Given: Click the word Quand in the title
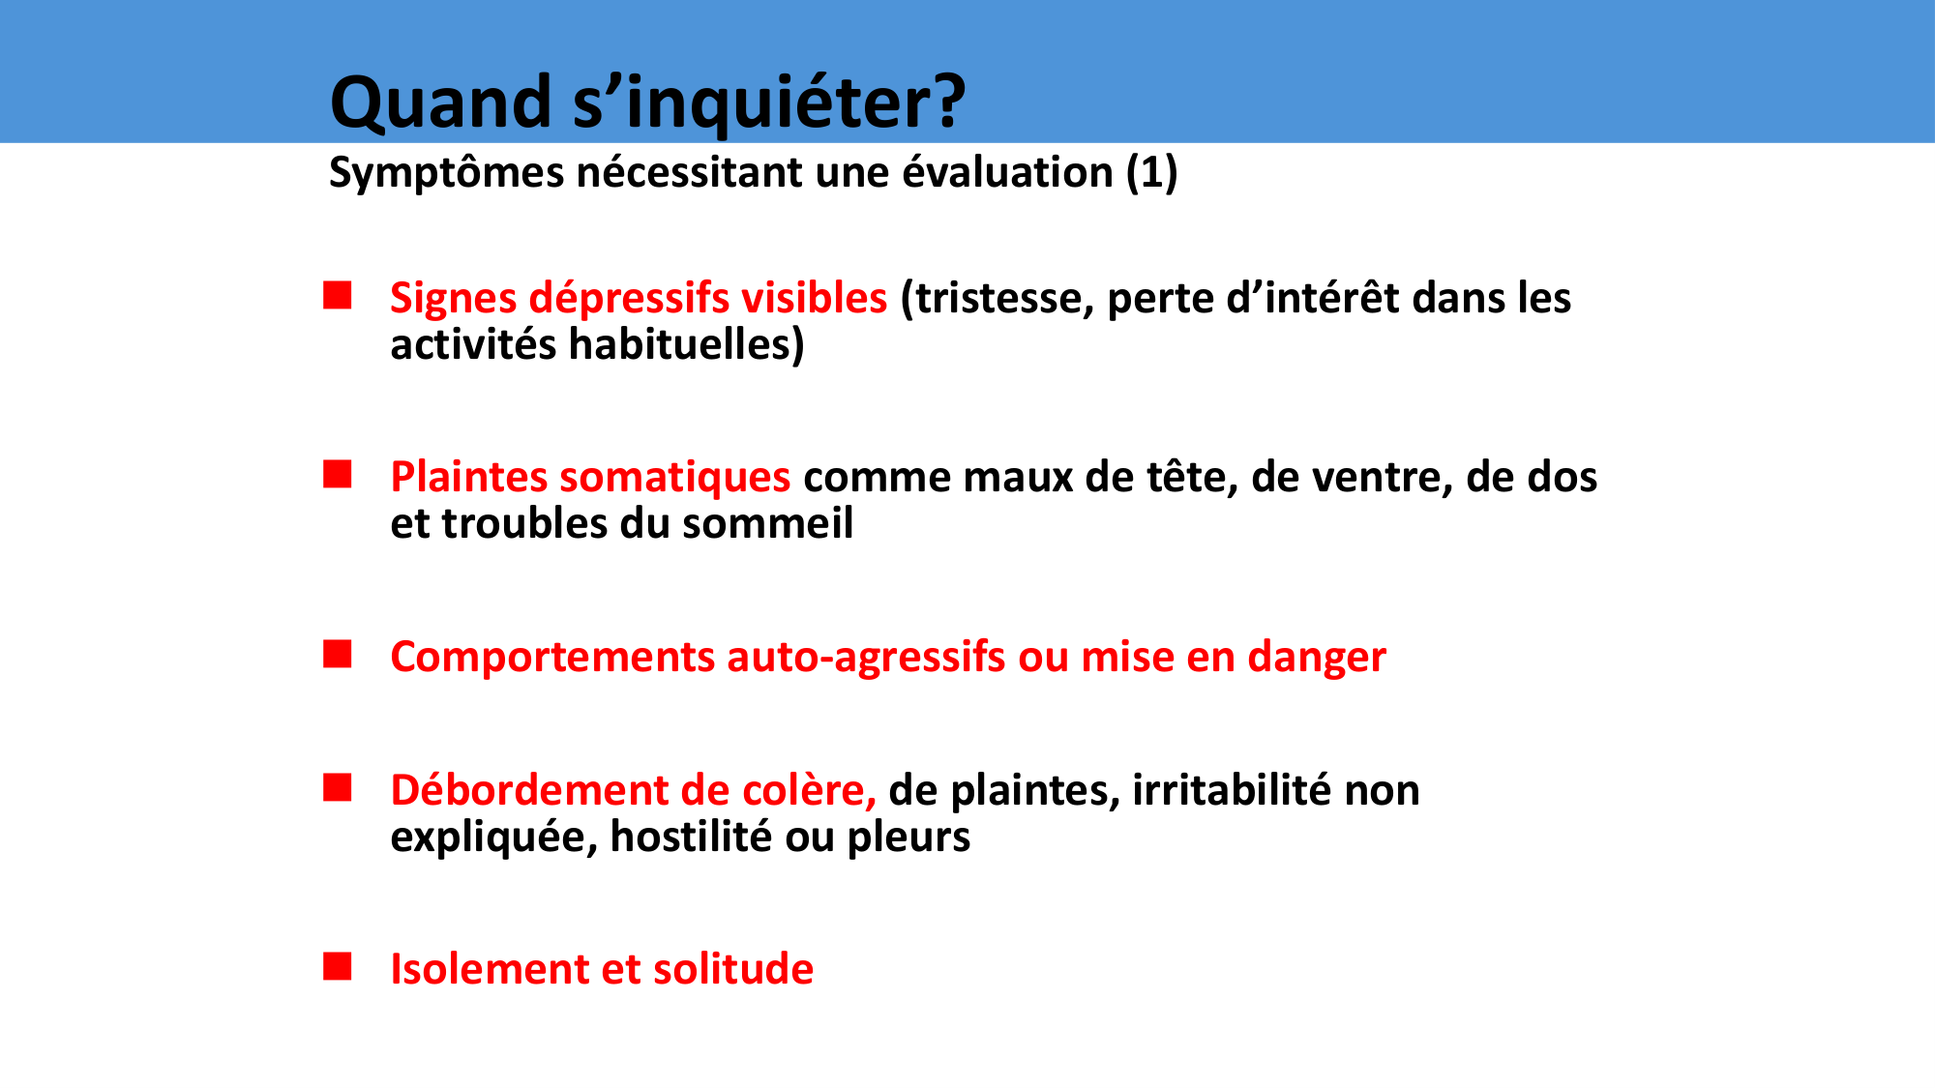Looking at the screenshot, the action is tap(441, 102).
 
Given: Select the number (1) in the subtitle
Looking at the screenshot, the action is tap(1151, 173).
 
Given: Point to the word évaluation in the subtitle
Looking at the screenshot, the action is tap(1007, 172).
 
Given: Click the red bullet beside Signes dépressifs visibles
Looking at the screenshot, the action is tap(338, 295).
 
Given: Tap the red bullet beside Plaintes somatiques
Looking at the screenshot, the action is tap(338, 474).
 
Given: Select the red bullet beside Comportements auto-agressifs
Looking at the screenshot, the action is tap(338, 654).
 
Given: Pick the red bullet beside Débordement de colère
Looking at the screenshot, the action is tap(338, 787).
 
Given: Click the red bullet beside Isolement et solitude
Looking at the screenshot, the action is tap(338, 966).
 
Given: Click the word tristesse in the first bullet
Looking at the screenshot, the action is tap(997, 299).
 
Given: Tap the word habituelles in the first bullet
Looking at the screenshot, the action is tap(686, 345).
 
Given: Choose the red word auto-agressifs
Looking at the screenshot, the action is tap(867, 658).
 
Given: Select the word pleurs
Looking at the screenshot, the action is tap(909, 838).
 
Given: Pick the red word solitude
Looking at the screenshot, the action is tap(733, 969).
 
